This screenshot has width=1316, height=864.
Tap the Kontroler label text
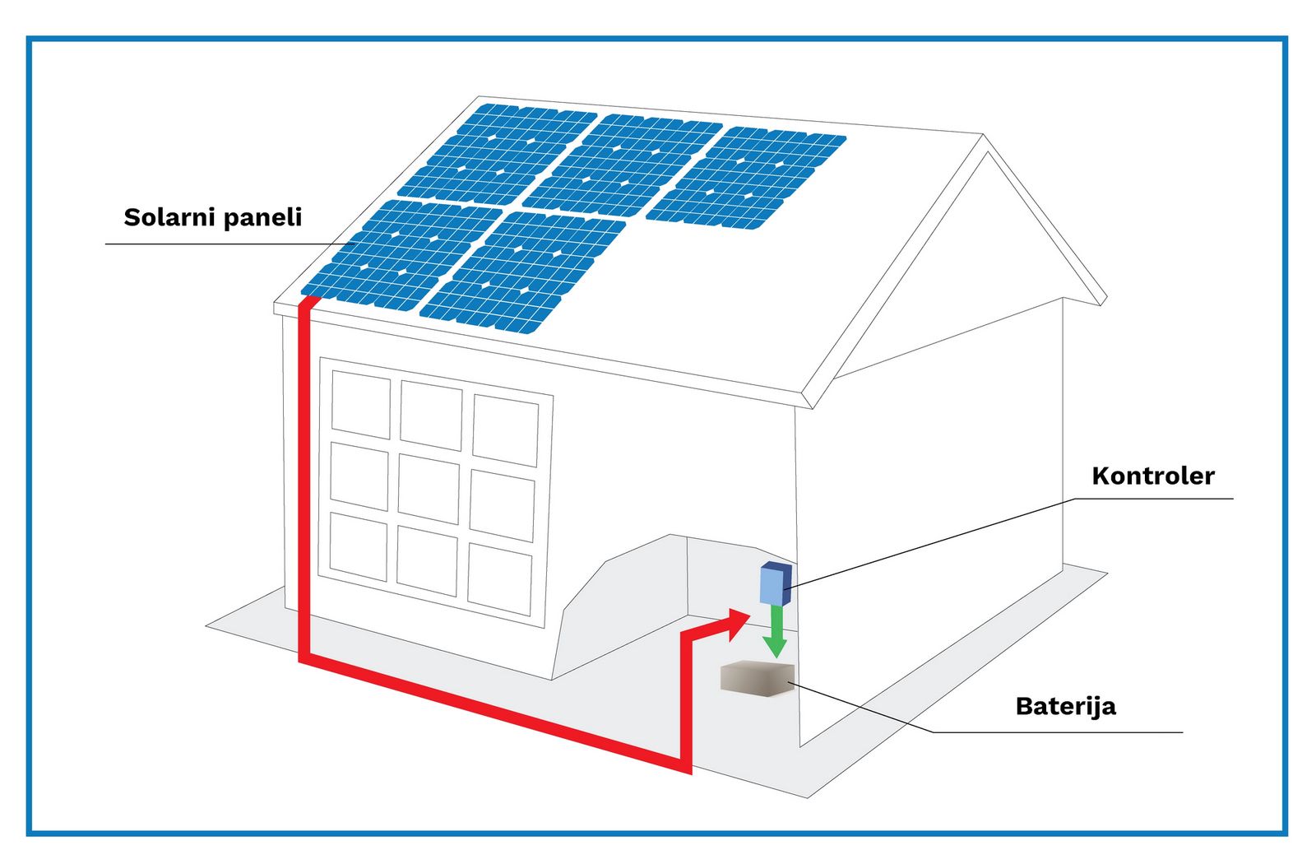click(x=1152, y=476)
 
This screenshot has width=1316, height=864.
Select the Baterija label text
click(x=1065, y=706)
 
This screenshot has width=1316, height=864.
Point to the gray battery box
click(x=757, y=679)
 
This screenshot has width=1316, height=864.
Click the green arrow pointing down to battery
click(x=774, y=633)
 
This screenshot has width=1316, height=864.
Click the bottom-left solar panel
click(x=401, y=253)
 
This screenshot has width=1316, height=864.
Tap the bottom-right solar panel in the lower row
click(x=522, y=271)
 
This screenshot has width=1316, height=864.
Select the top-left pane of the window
click(x=360, y=404)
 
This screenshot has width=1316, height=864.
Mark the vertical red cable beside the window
click(x=303, y=477)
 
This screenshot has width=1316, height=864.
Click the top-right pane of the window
click(x=505, y=430)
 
